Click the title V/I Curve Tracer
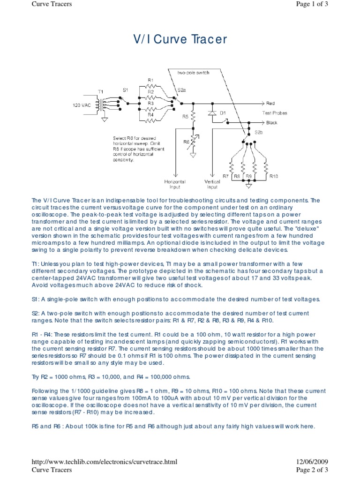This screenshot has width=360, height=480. click(x=180, y=39)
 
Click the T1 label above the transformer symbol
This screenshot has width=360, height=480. click(x=100, y=91)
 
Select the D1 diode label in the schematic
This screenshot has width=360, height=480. click(x=223, y=113)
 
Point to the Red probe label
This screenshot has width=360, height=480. click(x=270, y=103)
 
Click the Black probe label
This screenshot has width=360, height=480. click(x=272, y=123)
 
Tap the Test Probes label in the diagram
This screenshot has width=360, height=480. click(x=275, y=113)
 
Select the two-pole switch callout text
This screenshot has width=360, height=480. click(x=193, y=73)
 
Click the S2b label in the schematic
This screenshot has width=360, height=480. click(x=259, y=133)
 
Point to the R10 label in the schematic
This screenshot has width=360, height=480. click(x=274, y=176)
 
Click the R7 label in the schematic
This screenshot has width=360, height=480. click(x=225, y=176)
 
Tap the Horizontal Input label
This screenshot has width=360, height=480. click(x=175, y=184)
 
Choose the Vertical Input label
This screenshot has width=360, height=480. click(x=212, y=184)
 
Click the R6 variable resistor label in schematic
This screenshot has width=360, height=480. click(x=186, y=141)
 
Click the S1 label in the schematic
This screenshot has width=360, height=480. click(x=125, y=90)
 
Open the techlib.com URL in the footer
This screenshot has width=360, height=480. click(x=105, y=462)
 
